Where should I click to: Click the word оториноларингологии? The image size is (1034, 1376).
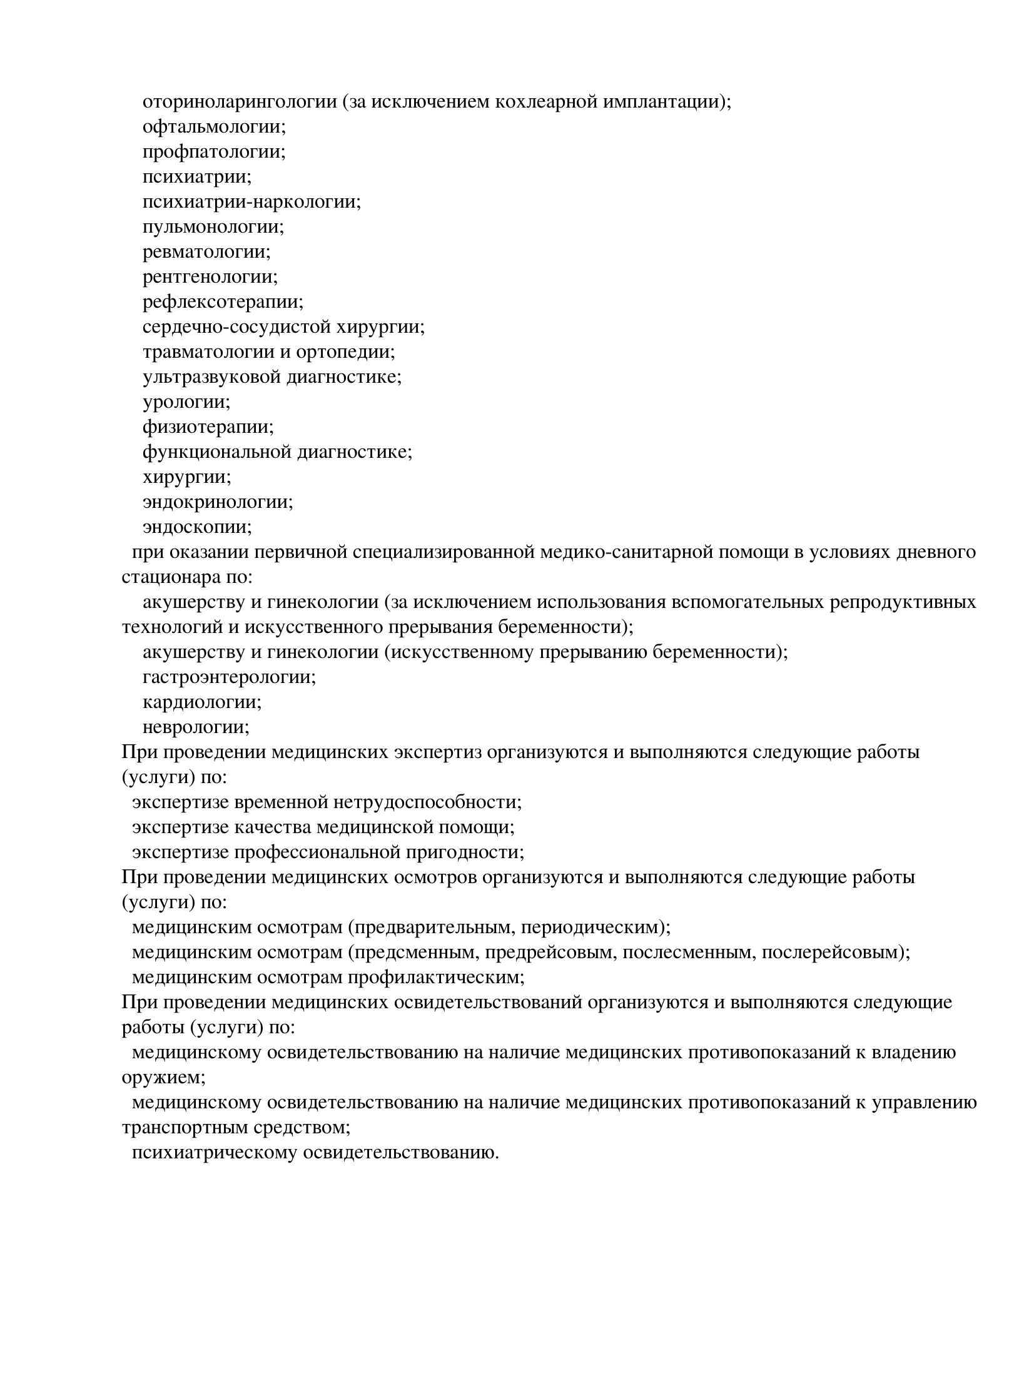(240, 101)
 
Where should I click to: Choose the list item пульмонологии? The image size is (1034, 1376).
(213, 226)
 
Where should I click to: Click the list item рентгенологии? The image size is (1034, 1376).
(210, 276)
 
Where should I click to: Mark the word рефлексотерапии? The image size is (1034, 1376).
(222, 301)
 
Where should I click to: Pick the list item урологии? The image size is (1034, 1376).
(186, 402)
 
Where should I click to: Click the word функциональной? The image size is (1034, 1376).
(216, 452)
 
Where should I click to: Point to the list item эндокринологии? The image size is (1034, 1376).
(218, 502)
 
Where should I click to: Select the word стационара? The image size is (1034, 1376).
(171, 577)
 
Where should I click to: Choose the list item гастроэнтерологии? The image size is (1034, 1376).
(229, 677)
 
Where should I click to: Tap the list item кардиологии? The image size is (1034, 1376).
(202, 702)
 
